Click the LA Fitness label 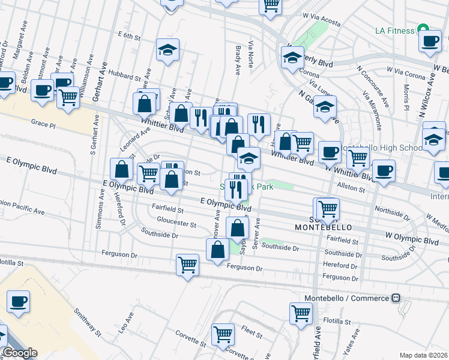395,31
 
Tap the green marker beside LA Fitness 423,30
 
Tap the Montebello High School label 382,148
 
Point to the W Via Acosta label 322,20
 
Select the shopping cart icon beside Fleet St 223,333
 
